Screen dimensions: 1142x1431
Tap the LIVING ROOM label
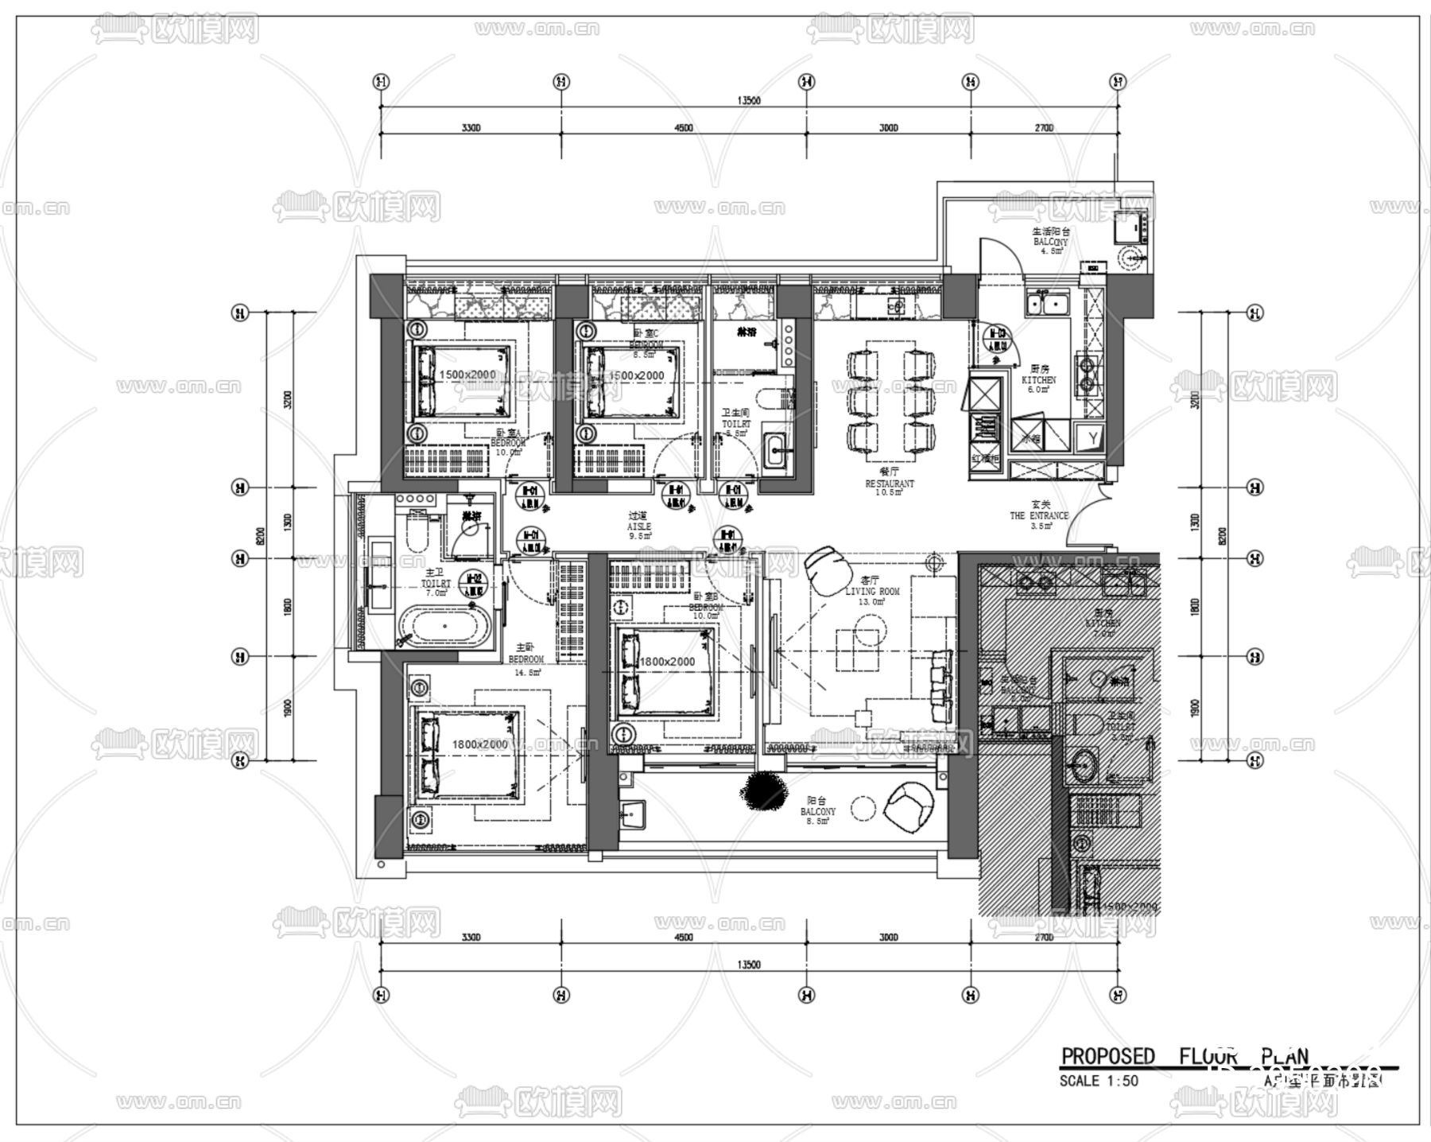pos(872,592)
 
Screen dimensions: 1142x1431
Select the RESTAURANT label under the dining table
pos(890,484)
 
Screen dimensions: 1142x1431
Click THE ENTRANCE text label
pos(1039,515)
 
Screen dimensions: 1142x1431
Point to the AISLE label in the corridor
pos(638,526)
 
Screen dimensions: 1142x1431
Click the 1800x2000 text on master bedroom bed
pos(479,744)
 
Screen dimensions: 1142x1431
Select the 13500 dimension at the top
pos(749,101)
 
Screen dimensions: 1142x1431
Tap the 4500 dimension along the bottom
pos(683,937)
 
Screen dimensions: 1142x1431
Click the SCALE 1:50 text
pos(1099,1081)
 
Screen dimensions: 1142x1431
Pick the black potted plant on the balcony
pos(762,789)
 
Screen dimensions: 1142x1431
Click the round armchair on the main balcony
pos(909,806)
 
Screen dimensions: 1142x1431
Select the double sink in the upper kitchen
pos(1047,304)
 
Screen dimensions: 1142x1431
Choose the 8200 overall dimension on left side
pos(260,537)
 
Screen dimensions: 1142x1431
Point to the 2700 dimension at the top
pos(1044,128)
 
